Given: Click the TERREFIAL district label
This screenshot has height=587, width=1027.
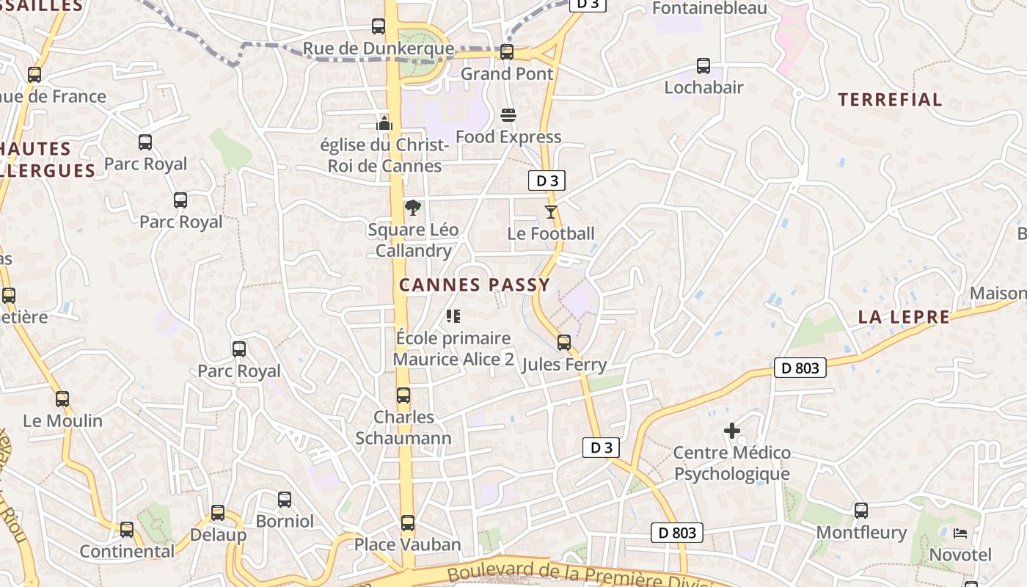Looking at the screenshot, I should [x=890, y=100].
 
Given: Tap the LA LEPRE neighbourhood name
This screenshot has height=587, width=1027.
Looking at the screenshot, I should [x=904, y=318].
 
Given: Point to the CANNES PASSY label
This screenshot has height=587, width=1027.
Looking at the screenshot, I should [x=475, y=285].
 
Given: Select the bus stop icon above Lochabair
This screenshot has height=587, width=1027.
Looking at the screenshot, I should [x=703, y=66].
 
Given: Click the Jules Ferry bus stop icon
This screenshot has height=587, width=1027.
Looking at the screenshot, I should [x=564, y=343].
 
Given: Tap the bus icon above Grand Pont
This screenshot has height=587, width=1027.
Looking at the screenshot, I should [x=507, y=52].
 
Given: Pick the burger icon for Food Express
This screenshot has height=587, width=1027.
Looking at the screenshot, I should [x=508, y=115].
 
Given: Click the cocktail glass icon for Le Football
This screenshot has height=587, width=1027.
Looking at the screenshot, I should [x=551, y=212].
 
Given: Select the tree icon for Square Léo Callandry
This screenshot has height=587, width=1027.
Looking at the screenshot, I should [x=413, y=208].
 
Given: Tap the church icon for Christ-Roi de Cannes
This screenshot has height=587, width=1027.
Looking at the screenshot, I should [x=384, y=123].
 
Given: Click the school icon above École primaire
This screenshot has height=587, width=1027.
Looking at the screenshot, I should [x=453, y=316].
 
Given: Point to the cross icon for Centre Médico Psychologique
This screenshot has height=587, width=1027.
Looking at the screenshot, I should [x=732, y=431].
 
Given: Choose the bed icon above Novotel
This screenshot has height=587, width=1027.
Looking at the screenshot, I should [x=960, y=533].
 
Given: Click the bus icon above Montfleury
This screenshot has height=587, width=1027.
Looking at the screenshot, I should [x=861, y=511].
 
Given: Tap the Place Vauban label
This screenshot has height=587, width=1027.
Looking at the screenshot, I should [x=408, y=544].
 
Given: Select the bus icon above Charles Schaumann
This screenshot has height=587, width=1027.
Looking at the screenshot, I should [x=403, y=395].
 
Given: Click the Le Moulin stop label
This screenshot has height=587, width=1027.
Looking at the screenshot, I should [x=63, y=421].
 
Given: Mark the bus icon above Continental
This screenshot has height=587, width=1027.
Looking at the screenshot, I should [x=127, y=530].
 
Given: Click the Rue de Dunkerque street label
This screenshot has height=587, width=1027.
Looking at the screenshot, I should [x=379, y=49].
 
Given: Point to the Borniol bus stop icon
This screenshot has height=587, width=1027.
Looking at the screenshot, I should [x=285, y=500].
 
